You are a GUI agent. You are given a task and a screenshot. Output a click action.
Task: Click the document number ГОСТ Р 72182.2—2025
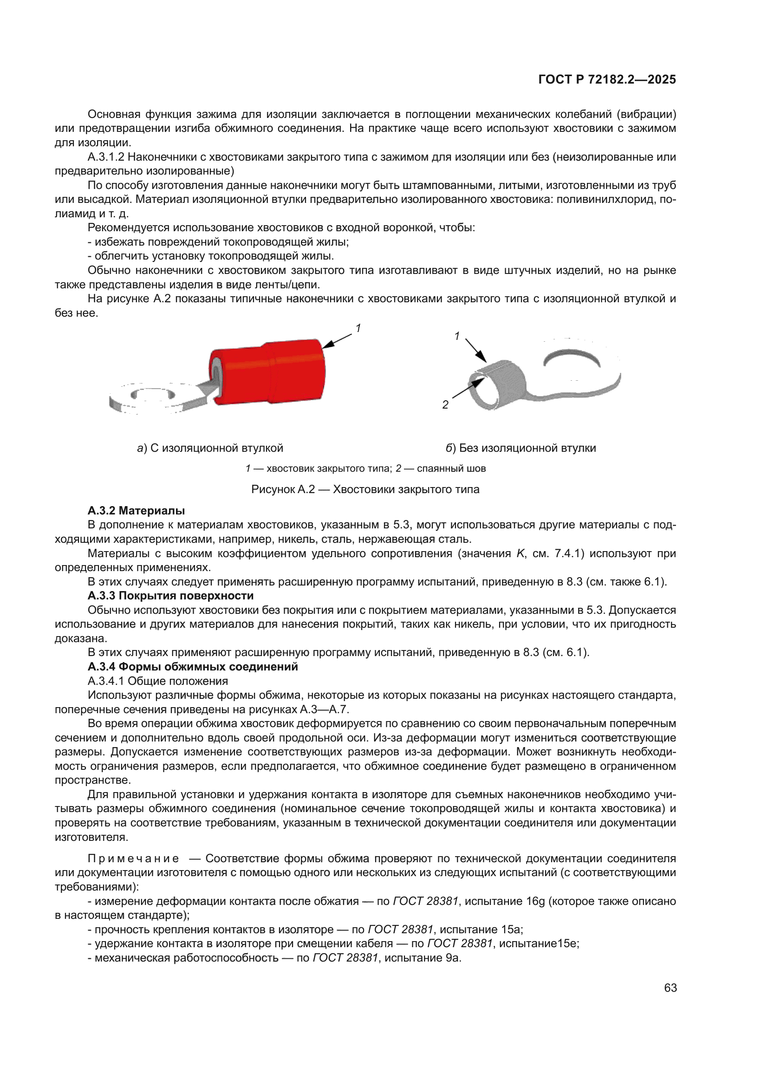click(x=607, y=79)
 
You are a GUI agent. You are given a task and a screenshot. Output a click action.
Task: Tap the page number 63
click(x=670, y=988)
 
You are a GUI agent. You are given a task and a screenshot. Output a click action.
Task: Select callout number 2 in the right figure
click(x=445, y=405)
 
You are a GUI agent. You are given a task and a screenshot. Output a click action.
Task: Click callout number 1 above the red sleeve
click(x=358, y=328)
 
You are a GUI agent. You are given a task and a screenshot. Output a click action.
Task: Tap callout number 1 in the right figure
click(x=457, y=336)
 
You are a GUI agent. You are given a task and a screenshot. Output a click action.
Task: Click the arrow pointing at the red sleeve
click(x=337, y=340)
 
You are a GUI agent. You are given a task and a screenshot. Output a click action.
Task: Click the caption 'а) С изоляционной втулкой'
click(x=210, y=448)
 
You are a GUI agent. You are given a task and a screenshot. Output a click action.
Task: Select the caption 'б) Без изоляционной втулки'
click(x=521, y=448)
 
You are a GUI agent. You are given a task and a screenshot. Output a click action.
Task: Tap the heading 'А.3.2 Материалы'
click(x=136, y=511)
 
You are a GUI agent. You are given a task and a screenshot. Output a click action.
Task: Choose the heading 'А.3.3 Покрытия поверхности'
click(x=171, y=596)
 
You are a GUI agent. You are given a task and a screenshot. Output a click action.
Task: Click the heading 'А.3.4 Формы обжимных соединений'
click(x=193, y=667)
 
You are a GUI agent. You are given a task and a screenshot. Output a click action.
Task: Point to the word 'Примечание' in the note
click(x=133, y=858)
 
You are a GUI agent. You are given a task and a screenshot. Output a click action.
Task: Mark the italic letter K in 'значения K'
click(x=521, y=553)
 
